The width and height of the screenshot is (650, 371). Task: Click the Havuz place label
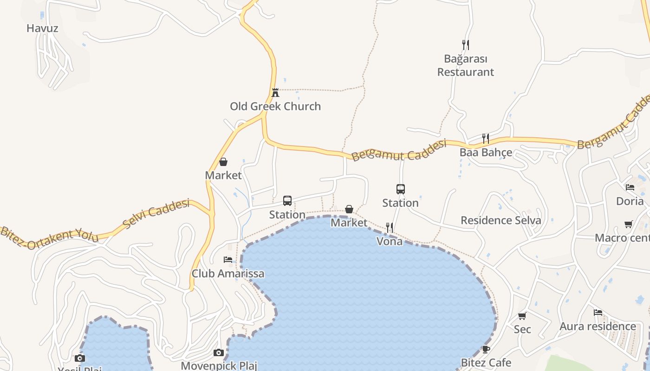(x=42, y=28)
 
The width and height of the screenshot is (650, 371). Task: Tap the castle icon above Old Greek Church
(x=275, y=92)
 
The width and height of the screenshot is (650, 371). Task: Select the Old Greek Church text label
(x=275, y=106)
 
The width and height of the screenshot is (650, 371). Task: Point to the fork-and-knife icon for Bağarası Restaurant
(x=466, y=45)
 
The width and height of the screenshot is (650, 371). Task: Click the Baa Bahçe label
(x=486, y=153)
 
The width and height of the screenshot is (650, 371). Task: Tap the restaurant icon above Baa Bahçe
(x=486, y=139)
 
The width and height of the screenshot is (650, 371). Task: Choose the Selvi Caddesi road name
(x=157, y=214)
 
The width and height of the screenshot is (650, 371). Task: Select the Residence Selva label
(x=500, y=220)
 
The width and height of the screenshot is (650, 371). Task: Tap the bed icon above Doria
(x=630, y=187)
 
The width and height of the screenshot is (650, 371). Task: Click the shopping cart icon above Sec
(x=522, y=316)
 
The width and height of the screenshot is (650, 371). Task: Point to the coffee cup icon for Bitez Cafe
(x=486, y=349)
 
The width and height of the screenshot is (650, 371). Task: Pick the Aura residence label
(x=598, y=326)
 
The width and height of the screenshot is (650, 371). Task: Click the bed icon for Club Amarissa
(x=228, y=260)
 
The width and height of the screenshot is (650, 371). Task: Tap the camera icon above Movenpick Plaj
(x=219, y=352)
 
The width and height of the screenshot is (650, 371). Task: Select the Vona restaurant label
(x=390, y=241)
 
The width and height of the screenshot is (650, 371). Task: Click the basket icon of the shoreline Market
(x=349, y=209)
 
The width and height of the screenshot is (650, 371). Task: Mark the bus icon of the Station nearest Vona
(x=401, y=189)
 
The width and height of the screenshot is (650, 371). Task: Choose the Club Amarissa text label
(x=228, y=274)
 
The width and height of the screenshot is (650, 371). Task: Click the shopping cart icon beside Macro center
(x=629, y=224)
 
